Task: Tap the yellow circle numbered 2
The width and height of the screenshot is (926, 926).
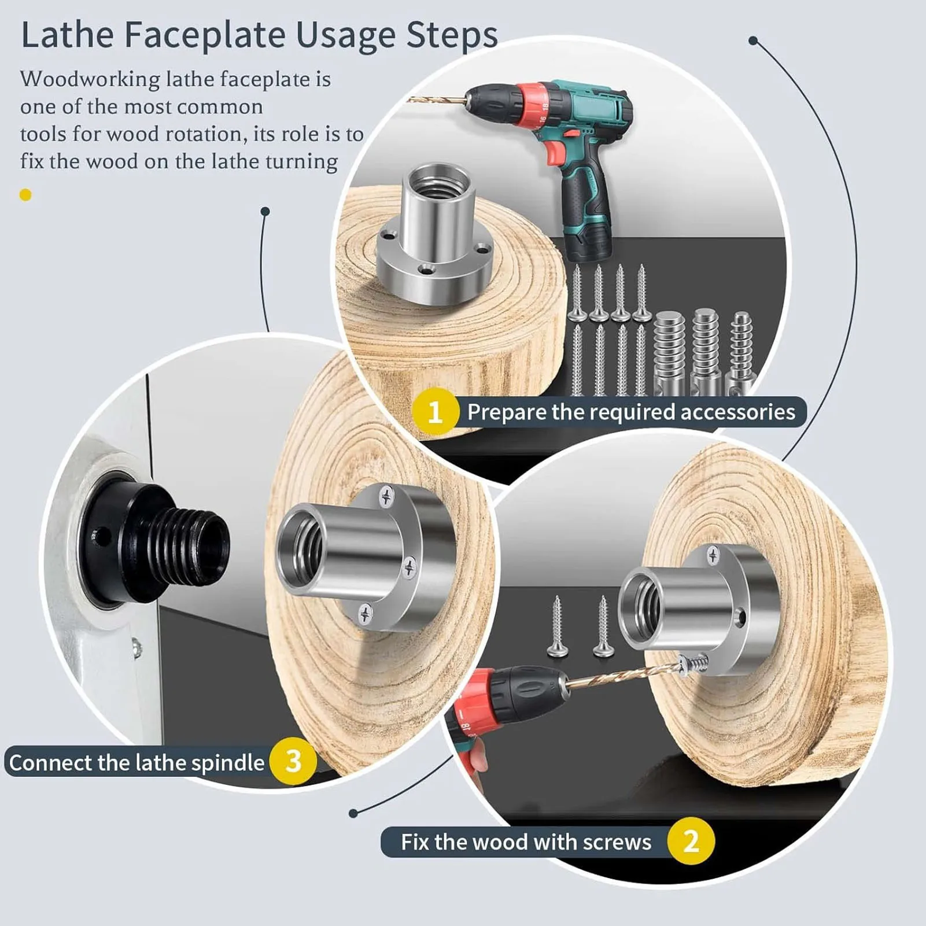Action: coord(691,841)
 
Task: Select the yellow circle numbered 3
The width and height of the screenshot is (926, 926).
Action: coord(293,762)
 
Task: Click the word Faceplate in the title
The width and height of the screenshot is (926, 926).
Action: coord(206,35)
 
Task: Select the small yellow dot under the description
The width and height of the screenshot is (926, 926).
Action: coord(25,195)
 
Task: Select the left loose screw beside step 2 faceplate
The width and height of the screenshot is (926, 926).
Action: coord(558,628)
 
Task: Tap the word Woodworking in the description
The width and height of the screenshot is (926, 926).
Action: coord(89,79)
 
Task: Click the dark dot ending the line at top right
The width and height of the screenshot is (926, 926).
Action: coord(752,40)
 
